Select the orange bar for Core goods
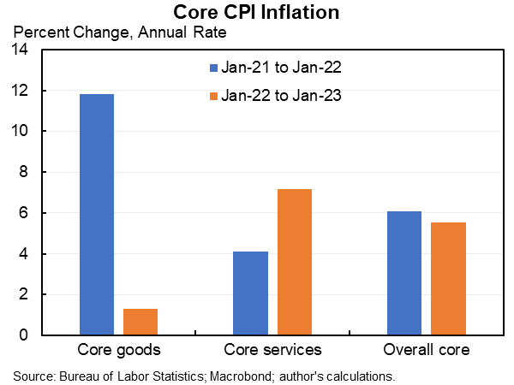tap(140, 322)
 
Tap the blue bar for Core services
tap(250, 293)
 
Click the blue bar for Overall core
tap(404, 273)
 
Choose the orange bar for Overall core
tap(449, 278)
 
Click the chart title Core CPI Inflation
tap(256, 12)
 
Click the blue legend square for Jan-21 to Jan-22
tap(213, 67)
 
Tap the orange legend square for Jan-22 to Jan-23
tap(213, 96)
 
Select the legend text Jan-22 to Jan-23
tap(283, 96)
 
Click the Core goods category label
tap(118, 350)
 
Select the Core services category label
tap(272, 350)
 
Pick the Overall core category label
tap(427, 350)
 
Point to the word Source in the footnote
tap(33, 375)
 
